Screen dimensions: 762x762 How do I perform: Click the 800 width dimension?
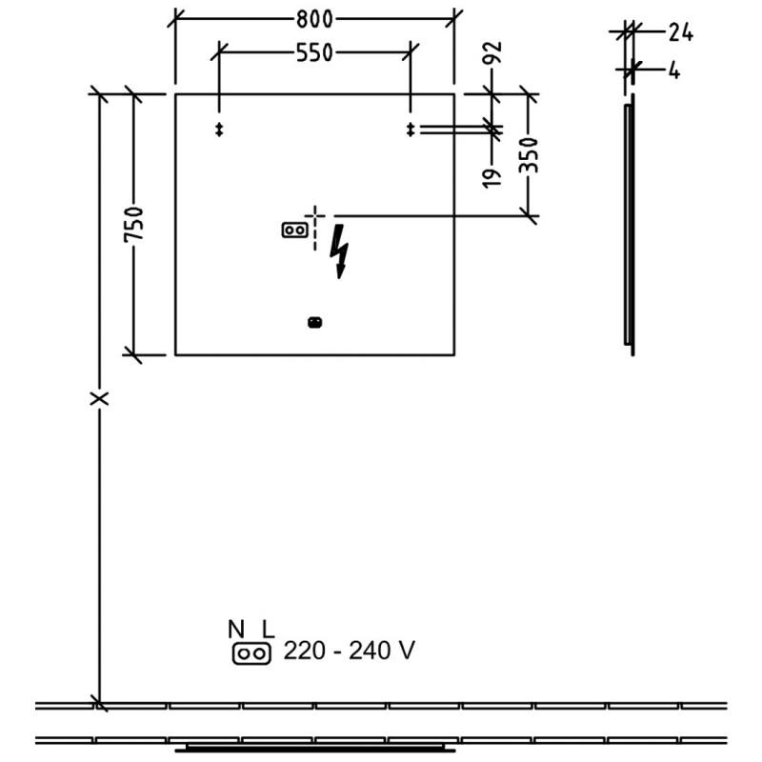click(x=314, y=19)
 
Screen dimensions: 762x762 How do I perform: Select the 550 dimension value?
click(x=314, y=53)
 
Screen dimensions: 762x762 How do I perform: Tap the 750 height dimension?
click(x=134, y=224)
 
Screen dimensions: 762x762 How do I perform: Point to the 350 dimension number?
click(x=530, y=155)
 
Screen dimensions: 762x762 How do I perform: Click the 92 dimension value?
click(x=492, y=53)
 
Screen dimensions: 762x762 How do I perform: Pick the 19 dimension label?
click(x=492, y=178)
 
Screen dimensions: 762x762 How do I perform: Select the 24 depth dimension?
click(x=681, y=32)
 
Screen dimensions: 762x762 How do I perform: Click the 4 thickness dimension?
click(x=674, y=70)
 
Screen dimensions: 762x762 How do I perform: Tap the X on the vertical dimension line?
click(x=100, y=398)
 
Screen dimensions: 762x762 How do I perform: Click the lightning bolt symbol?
click(x=339, y=251)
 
